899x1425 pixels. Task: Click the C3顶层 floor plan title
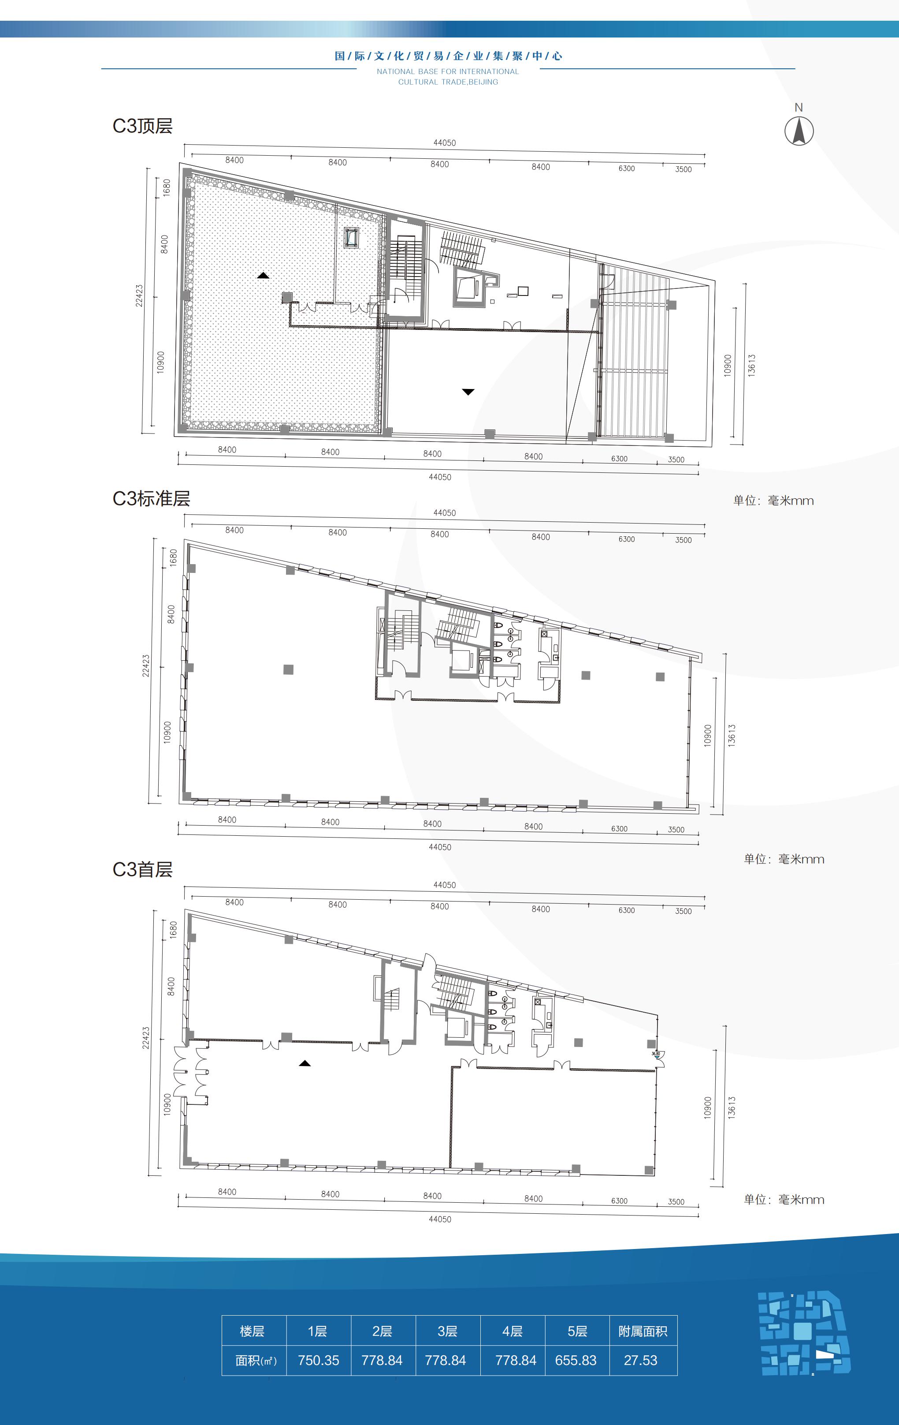tap(142, 126)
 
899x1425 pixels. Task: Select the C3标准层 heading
tap(152, 498)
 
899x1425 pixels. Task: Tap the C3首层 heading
tap(142, 869)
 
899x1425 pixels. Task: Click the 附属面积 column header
tap(643, 1331)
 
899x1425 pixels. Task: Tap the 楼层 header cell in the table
tap(252, 1331)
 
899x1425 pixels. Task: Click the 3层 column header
tap(447, 1331)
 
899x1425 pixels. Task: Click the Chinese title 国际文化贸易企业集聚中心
tap(448, 56)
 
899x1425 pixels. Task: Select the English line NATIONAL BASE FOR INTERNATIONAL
tap(448, 71)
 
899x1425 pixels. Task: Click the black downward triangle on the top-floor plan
tap(468, 392)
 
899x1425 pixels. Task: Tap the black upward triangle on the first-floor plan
tap(305, 1063)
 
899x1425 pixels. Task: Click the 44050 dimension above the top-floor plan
tap(445, 142)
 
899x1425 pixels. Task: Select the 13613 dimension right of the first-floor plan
tap(732, 1108)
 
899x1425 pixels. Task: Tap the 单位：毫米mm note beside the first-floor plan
tap(784, 1200)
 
